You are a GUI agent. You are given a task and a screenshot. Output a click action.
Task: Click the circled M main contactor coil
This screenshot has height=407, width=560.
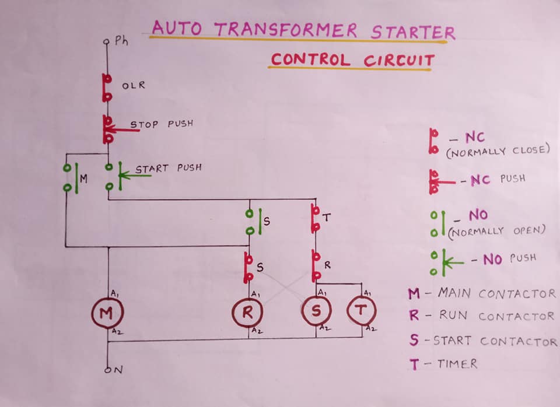click(x=107, y=313)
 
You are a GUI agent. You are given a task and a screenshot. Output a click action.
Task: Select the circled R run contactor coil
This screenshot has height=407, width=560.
click(x=247, y=313)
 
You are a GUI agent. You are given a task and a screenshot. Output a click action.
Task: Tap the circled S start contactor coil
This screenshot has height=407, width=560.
click(x=316, y=311)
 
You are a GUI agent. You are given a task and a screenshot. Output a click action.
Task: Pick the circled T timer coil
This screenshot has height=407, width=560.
click(x=361, y=310)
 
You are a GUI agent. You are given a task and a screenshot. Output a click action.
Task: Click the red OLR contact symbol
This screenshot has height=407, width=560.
click(x=107, y=88)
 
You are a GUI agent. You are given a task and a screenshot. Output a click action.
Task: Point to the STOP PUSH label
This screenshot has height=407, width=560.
click(x=162, y=124)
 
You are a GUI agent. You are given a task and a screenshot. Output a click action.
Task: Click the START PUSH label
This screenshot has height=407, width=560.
click(x=168, y=168)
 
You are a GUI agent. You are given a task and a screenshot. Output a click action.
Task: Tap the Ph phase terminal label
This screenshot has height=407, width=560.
click(x=121, y=41)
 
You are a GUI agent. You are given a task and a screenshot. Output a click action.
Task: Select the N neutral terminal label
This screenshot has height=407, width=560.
click(x=118, y=370)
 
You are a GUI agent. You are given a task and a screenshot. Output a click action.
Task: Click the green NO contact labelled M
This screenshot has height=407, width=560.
click(x=71, y=178)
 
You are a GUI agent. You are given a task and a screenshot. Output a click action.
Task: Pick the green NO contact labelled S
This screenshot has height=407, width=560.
click(x=254, y=222)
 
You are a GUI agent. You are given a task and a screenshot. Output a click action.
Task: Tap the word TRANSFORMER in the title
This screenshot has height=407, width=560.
click(x=286, y=30)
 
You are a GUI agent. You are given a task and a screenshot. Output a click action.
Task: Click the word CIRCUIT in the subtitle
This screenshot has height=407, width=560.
click(x=399, y=60)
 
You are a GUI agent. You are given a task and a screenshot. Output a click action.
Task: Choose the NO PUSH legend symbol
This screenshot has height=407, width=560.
click(x=446, y=263)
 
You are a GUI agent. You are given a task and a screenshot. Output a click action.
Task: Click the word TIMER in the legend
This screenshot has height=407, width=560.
click(x=457, y=364)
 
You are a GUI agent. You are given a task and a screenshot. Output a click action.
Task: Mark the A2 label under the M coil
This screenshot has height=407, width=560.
click(x=117, y=332)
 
